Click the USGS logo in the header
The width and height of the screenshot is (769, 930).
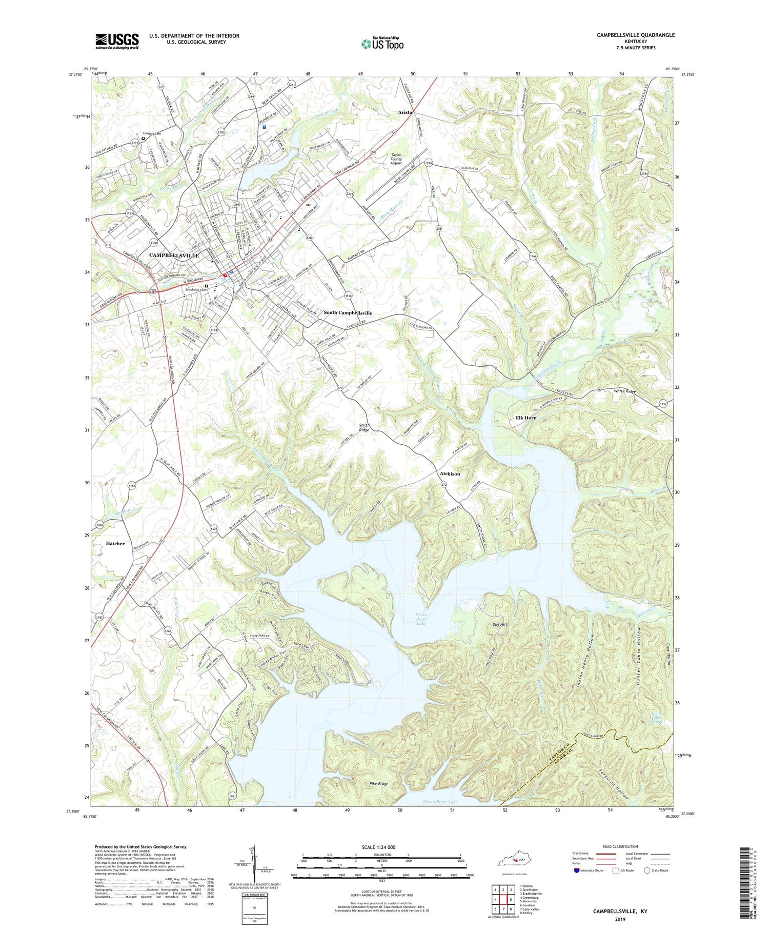pyautogui.click(x=117, y=41)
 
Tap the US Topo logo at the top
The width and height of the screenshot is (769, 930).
pyautogui.click(x=382, y=44)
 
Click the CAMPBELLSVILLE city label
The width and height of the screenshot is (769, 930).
pyautogui.click(x=174, y=255)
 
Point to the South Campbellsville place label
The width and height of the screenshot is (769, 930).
pyautogui.click(x=348, y=312)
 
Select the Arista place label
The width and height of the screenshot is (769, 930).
pyautogui.click(x=405, y=112)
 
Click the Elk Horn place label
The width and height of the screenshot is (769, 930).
pyautogui.click(x=525, y=418)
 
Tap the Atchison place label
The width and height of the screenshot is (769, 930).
pyautogui.click(x=450, y=473)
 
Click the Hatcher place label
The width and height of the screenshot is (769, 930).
pyautogui.click(x=115, y=543)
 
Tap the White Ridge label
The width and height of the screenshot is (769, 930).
pyautogui.click(x=624, y=391)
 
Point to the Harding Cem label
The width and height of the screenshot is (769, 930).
pyautogui.click(x=152, y=133)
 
